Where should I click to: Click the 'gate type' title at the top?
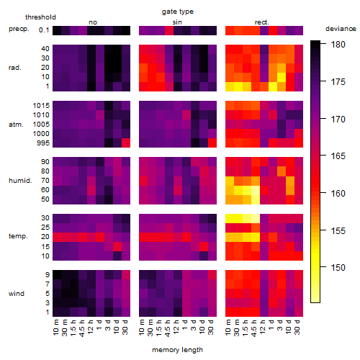point(178,12)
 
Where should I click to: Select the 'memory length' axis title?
point(177,350)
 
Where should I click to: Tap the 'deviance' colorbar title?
point(341,29)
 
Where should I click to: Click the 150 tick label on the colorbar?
point(338,267)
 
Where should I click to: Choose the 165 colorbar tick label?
point(338,156)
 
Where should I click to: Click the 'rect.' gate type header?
point(262,22)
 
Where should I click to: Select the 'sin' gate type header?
point(177,22)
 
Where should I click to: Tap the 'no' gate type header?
point(93,22)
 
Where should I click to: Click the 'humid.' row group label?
point(20,181)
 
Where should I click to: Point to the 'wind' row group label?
point(17,294)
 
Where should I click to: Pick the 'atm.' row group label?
point(16,125)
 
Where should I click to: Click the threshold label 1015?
point(41,106)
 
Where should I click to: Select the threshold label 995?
point(43,143)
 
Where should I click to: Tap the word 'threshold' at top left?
point(40,17)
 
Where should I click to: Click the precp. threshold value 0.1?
point(44,30)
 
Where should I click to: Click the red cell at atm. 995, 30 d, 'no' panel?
point(126,143)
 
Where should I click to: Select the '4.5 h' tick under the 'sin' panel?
point(167,328)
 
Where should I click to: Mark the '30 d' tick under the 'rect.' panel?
point(297,327)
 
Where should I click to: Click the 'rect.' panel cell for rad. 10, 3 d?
point(282,77)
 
